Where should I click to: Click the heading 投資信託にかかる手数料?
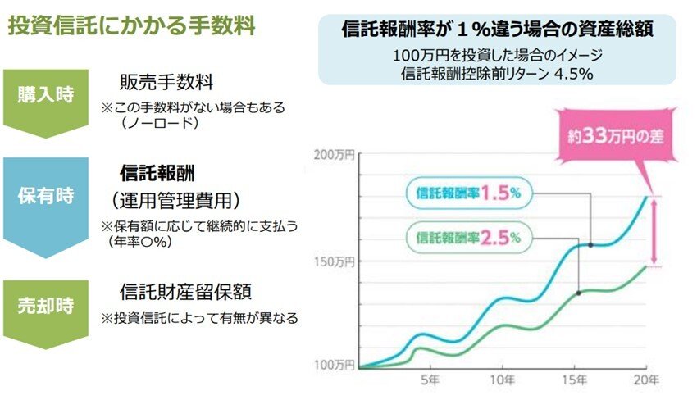tap(131, 26)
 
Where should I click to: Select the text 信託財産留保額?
tap(184, 292)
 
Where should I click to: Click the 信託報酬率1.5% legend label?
tap(468, 193)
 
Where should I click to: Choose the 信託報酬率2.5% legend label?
tap(468, 239)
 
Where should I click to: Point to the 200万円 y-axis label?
tap(335, 155)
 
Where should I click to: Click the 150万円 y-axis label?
tap(335, 261)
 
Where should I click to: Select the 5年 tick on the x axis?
tap(430, 382)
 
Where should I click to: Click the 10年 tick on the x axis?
tap(503, 382)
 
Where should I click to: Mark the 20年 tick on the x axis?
tap(645, 382)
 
